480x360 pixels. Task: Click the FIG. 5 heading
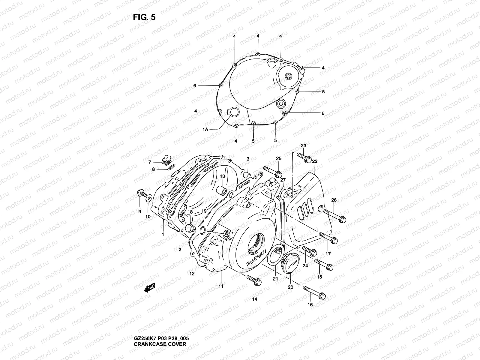[144, 17]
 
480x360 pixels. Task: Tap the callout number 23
[304, 146]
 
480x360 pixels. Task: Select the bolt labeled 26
[335, 216]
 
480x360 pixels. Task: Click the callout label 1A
[205, 129]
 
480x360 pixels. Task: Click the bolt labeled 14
[253, 280]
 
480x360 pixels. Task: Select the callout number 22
[315, 161]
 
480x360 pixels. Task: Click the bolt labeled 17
[329, 238]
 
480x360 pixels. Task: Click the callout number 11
[221, 286]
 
